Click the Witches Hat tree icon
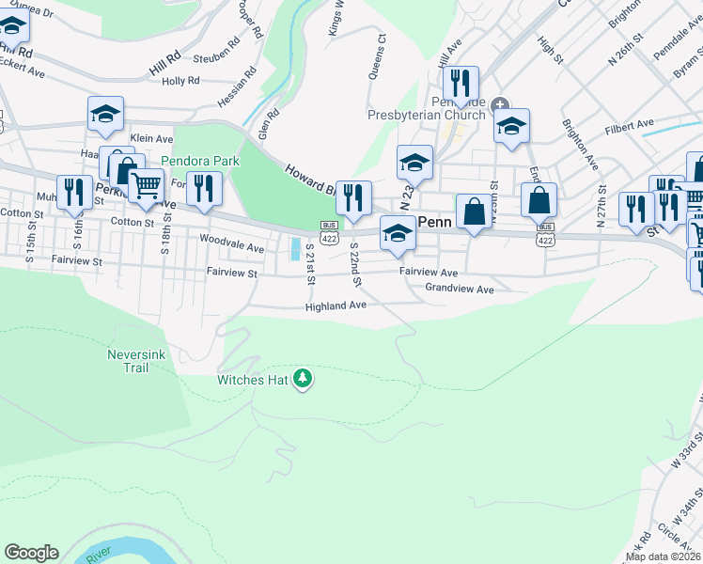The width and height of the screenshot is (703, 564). tap(303, 380)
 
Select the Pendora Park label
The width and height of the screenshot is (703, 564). tap(199, 161)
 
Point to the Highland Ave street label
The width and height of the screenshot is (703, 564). tap(336, 306)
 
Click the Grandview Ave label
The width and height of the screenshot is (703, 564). tap(459, 289)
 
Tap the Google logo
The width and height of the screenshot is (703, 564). tap(31, 553)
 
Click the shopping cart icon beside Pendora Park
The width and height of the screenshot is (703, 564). tap(146, 186)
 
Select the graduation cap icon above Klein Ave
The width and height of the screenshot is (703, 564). tap(105, 114)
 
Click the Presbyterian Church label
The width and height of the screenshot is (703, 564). tap(426, 115)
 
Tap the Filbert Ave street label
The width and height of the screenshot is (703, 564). tap(629, 124)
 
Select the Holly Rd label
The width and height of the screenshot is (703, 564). tap(180, 81)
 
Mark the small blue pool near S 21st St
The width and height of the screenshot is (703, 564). tap(295, 249)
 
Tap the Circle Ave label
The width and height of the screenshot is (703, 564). tap(679, 538)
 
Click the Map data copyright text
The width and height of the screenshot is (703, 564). tap(664, 556)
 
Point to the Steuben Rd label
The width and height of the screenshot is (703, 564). tap(215, 55)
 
